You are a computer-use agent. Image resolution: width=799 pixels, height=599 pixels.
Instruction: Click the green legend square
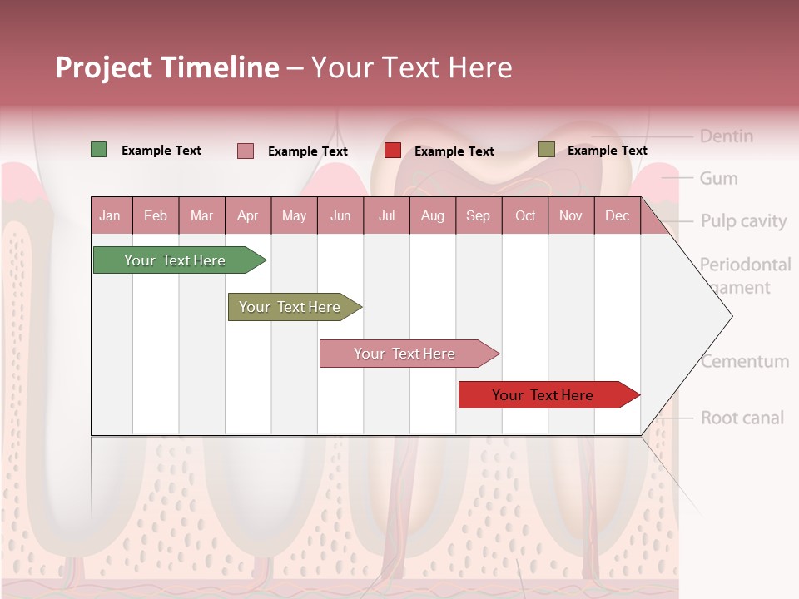98,150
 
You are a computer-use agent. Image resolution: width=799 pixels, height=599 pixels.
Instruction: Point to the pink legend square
245,151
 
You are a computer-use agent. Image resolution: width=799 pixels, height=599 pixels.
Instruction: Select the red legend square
392,151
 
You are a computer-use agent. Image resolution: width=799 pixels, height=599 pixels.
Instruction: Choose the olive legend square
546,150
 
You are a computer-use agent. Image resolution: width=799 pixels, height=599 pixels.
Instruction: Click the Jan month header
110,216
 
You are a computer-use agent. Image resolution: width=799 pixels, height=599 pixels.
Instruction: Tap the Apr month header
247,216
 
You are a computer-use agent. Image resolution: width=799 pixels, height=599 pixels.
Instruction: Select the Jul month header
386,216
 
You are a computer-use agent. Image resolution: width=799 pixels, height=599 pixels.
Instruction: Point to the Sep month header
478,216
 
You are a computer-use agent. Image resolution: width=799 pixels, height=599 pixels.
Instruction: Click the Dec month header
617,216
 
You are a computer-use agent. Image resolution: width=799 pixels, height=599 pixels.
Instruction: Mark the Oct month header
524,216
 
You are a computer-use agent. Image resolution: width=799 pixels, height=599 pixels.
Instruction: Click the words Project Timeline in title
166,67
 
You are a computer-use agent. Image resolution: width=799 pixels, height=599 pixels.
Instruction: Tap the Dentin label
726,136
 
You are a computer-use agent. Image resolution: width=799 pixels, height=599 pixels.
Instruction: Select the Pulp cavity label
743,221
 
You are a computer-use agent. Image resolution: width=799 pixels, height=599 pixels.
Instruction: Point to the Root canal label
742,418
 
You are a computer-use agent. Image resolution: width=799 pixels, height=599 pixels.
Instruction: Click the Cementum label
744,362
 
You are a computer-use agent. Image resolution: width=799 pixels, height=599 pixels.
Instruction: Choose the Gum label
718,179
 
